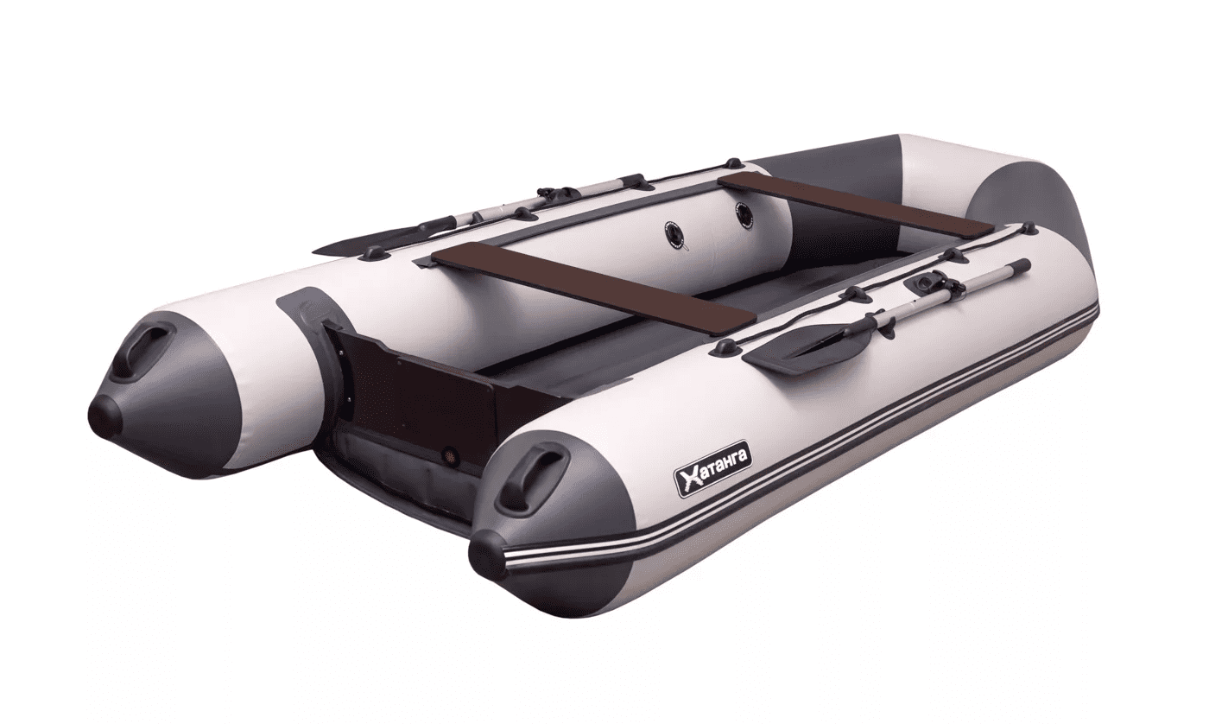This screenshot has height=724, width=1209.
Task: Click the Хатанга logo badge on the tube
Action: [x=713, y=473]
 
